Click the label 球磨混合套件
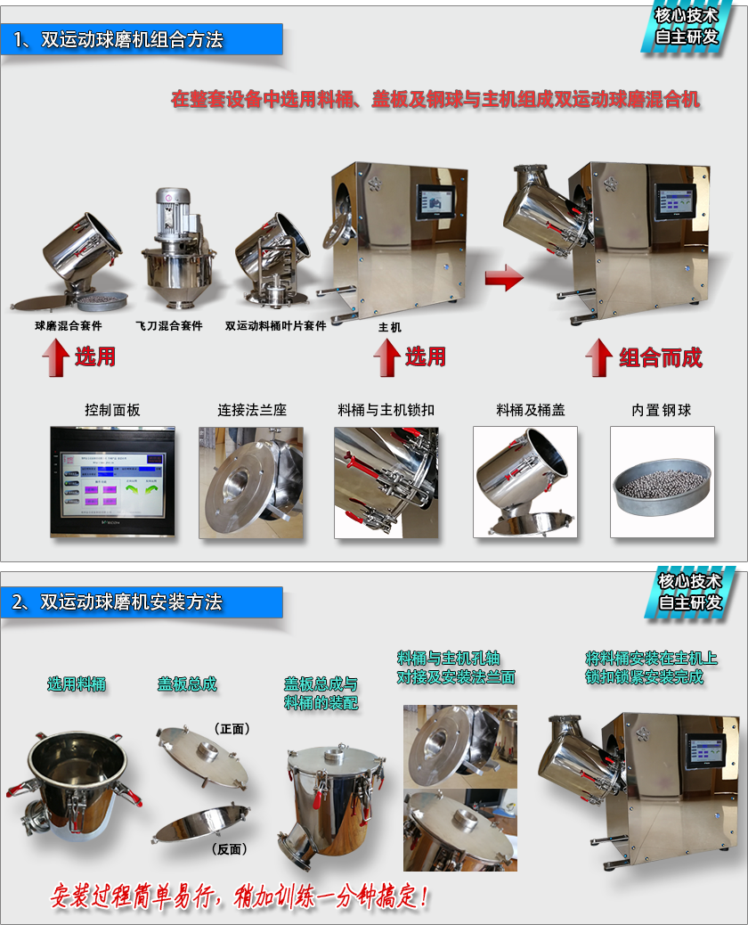pos(69,325)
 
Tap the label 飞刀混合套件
pos(168,325)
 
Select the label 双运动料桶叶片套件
pos(275,325)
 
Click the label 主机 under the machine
pos(390,327)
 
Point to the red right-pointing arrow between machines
pos(504,276)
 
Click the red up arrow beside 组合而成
pos(599,357)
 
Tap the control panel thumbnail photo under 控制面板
pos(112,482)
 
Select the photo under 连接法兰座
pos(251,483)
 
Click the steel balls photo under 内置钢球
pos(662,482)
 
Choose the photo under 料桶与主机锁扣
pos(386,483)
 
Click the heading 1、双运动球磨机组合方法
pos(118,39)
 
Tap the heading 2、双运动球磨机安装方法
pos(118,602)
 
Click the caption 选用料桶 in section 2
pos(77,684)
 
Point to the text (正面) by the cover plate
pos(232,729)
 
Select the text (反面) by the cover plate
pos(229,849)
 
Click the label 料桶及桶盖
pos(531,410)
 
